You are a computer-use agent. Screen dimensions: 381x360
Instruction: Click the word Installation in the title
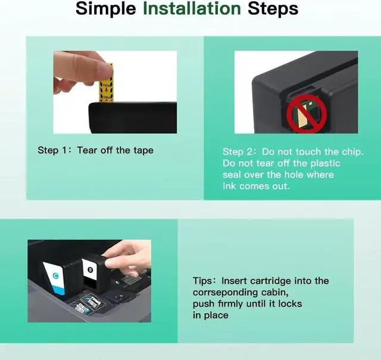coord(192,8)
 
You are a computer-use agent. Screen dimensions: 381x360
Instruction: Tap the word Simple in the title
coord(106,10)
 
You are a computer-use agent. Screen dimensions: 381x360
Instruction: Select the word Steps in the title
coord(273,10)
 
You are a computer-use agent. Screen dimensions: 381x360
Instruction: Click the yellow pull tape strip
coord(107,83)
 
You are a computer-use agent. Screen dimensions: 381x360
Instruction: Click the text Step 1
coord(52,151)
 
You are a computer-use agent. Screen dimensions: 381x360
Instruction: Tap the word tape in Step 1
coord(143,151)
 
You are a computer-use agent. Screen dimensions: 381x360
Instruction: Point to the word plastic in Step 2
coord(325,164)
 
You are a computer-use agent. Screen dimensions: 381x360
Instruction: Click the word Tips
coord(202,281)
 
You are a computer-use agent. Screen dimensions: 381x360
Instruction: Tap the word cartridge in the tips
coord(270,281)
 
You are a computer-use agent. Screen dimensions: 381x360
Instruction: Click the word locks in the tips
coord(290,303)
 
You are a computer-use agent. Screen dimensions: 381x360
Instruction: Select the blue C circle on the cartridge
coord(55,276)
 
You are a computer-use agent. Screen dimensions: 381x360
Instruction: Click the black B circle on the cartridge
coord(90,270)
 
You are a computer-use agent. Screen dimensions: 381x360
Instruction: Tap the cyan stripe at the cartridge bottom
coord(59,290)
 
